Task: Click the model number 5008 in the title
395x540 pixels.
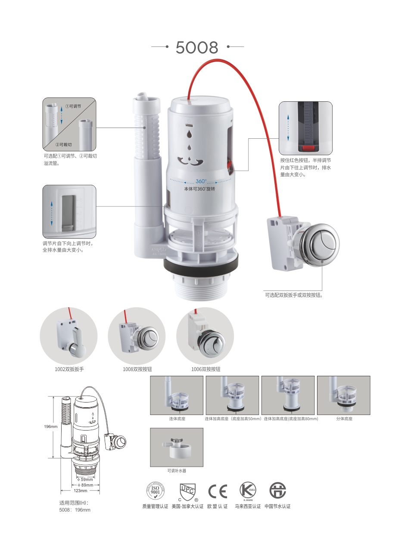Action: coord(197,47)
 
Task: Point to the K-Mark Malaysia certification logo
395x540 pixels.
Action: coord(248,490)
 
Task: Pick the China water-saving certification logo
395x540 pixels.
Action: coord(277,490)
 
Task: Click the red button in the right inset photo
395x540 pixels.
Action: coord(308,148)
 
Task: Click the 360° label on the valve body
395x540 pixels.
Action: coord(201,181)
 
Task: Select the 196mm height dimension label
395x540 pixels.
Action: coord(50,427)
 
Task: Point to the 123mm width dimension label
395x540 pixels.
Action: coord(80,490)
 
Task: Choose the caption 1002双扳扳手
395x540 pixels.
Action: coord(69,369)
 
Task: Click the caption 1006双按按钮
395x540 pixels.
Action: coord(205,369)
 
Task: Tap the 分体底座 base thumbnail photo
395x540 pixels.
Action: coord(343,395)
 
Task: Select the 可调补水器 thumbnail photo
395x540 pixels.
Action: coord(177,447)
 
